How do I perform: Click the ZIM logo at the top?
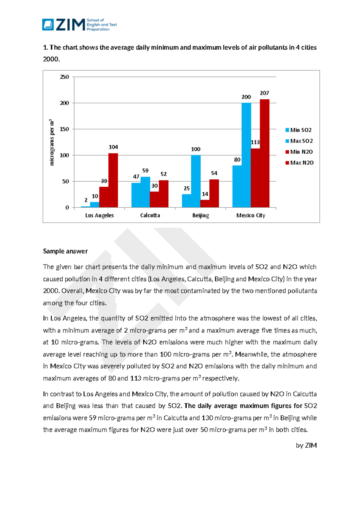pyautogui.click(x=79, y=25)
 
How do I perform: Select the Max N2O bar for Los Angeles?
pyautogui.click(x=113, y=180)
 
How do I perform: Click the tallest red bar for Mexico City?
pyautogui.click(x=264, y=153)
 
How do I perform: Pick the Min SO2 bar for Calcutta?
pyautogui.click(x=136, y=195)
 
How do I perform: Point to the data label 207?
pyautogui.click(x=264, y=93)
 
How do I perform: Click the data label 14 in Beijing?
pyautogui.click(x=205, y=194)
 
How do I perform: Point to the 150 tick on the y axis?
pyautogui.click(x=64, y=129)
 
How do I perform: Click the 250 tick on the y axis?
pyautogui.click(x=64, y=77)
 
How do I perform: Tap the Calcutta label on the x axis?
pyautogui.click(x=150, y=215)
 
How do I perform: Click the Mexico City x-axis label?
pyautogui.click(x=251, y=215)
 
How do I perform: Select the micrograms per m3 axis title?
pyautogui.click(x=52, y=142)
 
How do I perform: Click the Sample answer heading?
pyautogui.click(x=65, y=251)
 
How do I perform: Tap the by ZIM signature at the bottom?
pyautogui.click(x=306, y=445)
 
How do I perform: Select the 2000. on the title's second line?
pyautogui.click(x=51, y=59)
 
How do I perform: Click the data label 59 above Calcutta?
pyautogui.click(x=145, y=170)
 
